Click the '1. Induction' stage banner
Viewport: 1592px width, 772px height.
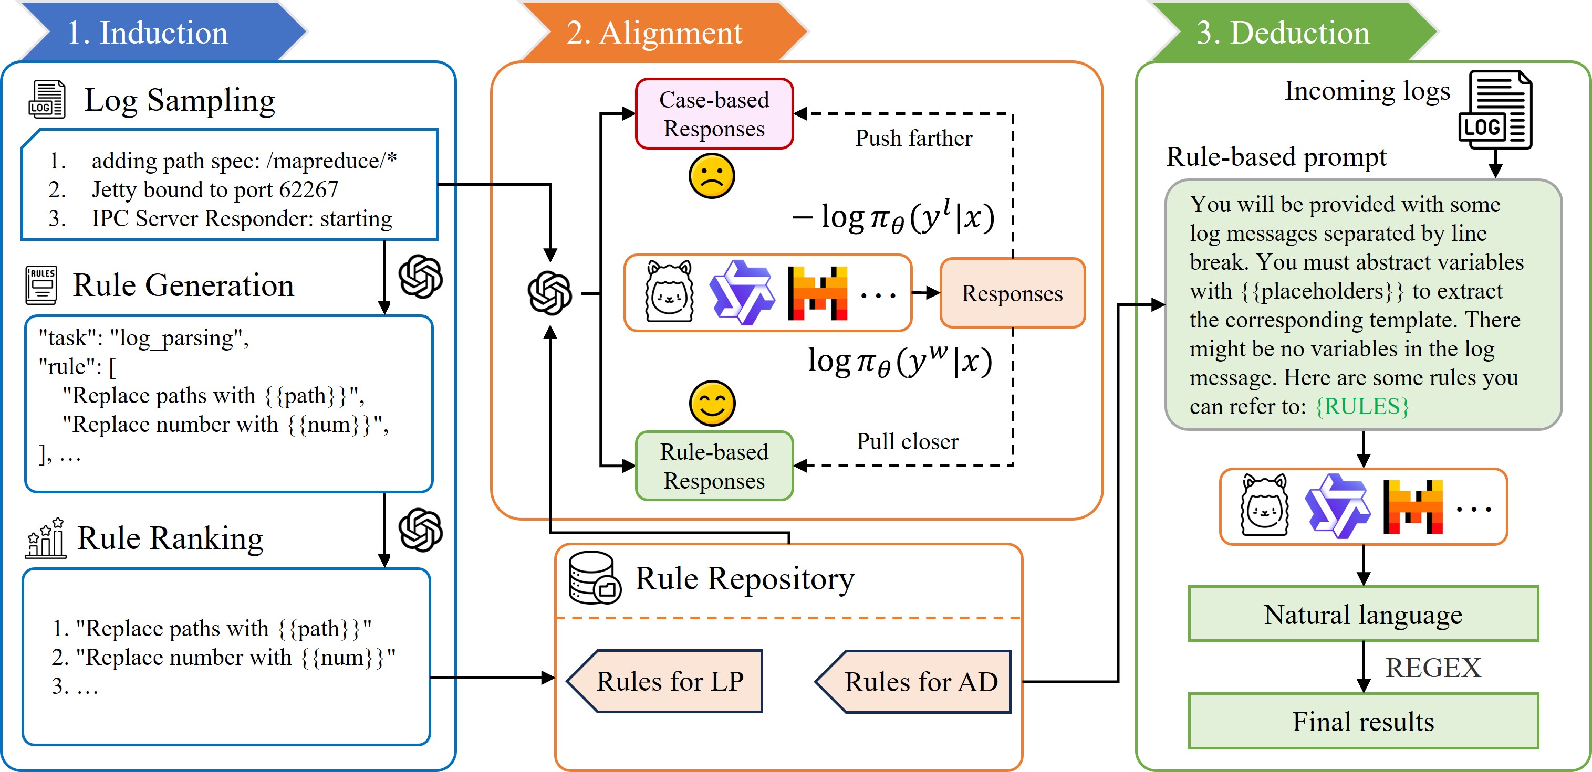pyautogui.click(x=148, y=32)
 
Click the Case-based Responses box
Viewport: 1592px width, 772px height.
pyautogui.click(x=714, y=114)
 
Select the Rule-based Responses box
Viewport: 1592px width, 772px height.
pyautogui.click(x=714, y=466)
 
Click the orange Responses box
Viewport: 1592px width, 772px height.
pyautogui.click(x=1012, y=293)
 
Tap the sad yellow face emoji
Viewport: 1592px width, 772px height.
pyautogui.click(x=711, y=177)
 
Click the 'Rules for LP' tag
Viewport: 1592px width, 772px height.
pyautogui.click(x=669, y=681)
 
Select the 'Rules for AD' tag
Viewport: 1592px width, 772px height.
pyautogui.click(x=920, y=682)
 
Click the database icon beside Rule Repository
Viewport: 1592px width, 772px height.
pyautogui.click(x=594, y=578)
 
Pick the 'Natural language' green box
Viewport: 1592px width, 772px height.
pyautogui.click(x=1362, y=615)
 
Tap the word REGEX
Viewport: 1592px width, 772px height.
pyautogui.click(x=1432, y=668)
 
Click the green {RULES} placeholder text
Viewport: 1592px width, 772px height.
pyautogui.click(x=1362, y=406)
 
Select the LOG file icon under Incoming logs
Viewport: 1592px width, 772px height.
pyautogui.click(x=1495, y=111)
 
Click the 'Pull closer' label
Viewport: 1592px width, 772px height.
pyautogui.click(x=907, y=441)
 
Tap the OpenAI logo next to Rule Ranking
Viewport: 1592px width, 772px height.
pyautogui.click(x=420, y=530)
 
